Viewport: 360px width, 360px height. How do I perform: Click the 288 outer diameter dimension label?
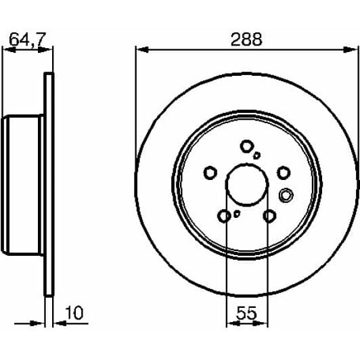click(248, 39)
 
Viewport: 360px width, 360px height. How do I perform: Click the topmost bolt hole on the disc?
click(247, 145)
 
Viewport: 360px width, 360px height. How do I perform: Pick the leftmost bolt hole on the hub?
click(210, 173)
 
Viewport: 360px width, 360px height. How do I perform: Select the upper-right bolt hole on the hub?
click(284, 173)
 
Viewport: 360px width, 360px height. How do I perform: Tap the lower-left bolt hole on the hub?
click(225, 216)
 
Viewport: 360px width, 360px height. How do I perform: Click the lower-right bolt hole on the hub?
click(270, 216)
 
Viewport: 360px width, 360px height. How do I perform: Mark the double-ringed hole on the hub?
click(286, 196)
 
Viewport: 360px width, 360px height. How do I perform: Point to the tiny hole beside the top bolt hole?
click(257, 155)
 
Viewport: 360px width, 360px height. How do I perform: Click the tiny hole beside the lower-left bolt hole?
click(236, 214)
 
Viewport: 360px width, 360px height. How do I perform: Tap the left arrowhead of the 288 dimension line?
click(139, 48)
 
